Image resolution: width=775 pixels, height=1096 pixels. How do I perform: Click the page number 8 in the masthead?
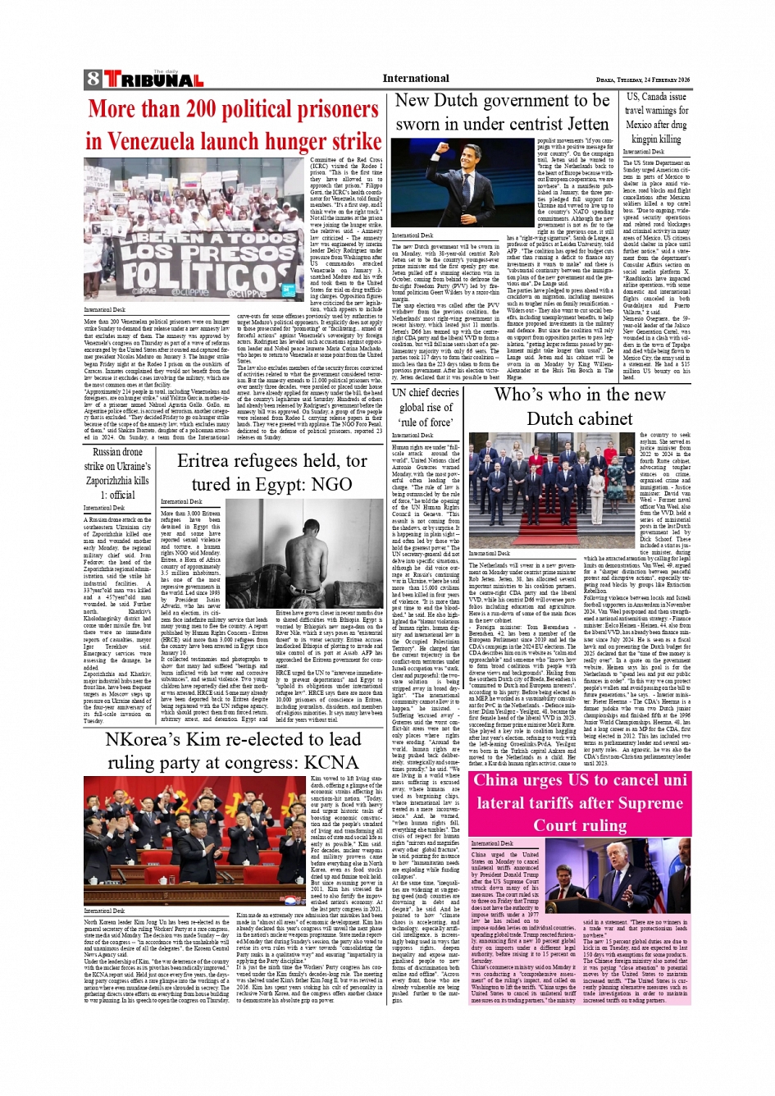point(93,80)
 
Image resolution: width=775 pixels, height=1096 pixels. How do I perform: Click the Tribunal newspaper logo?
point(153,80)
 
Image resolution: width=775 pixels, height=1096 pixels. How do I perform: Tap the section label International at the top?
point(416,79)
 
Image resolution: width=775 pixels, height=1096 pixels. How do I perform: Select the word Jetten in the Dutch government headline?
point(579,124)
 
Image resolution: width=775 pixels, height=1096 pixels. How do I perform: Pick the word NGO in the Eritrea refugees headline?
point(332,483)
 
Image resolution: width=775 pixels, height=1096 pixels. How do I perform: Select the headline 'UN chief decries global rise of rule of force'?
point(426,407)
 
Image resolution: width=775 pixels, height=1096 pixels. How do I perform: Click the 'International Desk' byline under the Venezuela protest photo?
point(105,310)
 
